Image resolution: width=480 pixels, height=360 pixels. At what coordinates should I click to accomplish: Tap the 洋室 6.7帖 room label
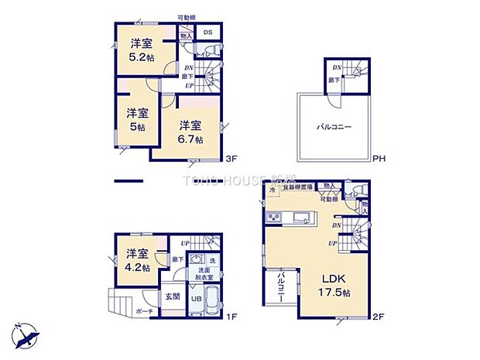[x=190, y=132]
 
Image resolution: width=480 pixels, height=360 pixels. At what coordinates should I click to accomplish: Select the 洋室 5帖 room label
[x=136, y=119]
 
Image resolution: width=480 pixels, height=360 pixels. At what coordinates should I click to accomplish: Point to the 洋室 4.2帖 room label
[x=137, y=259]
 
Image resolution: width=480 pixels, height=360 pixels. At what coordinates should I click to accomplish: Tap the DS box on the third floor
[x=207, y=33]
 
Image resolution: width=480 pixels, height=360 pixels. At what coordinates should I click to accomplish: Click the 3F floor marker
[x=230, y=160]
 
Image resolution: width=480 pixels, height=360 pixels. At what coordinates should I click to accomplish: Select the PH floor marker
[x=378, y=160]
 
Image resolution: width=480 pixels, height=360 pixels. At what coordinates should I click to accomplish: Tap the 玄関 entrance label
[x=172, y=296]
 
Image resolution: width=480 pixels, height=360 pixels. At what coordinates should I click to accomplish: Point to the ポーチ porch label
[x=144, y=311]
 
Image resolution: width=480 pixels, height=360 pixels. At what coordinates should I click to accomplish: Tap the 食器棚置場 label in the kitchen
[x=298, y=187]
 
